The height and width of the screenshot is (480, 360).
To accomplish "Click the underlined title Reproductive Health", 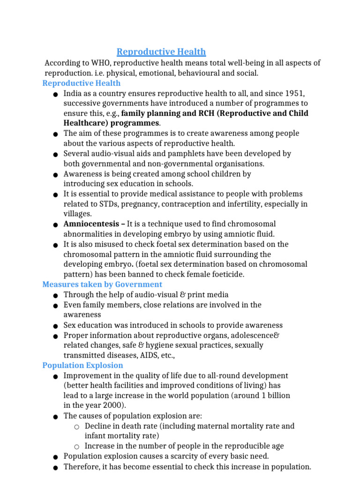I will [161, 52].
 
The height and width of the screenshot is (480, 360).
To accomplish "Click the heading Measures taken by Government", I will [102, 285].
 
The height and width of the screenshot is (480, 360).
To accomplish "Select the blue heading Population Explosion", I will [82, 366].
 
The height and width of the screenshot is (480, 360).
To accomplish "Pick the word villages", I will [77, 214].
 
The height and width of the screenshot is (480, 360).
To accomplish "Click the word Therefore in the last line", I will [81, 467].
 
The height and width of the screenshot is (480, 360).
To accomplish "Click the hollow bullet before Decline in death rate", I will [76, 427].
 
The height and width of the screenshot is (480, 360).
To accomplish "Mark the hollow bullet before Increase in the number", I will [76, 447].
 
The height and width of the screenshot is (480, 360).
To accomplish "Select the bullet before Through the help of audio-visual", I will [56, 295].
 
